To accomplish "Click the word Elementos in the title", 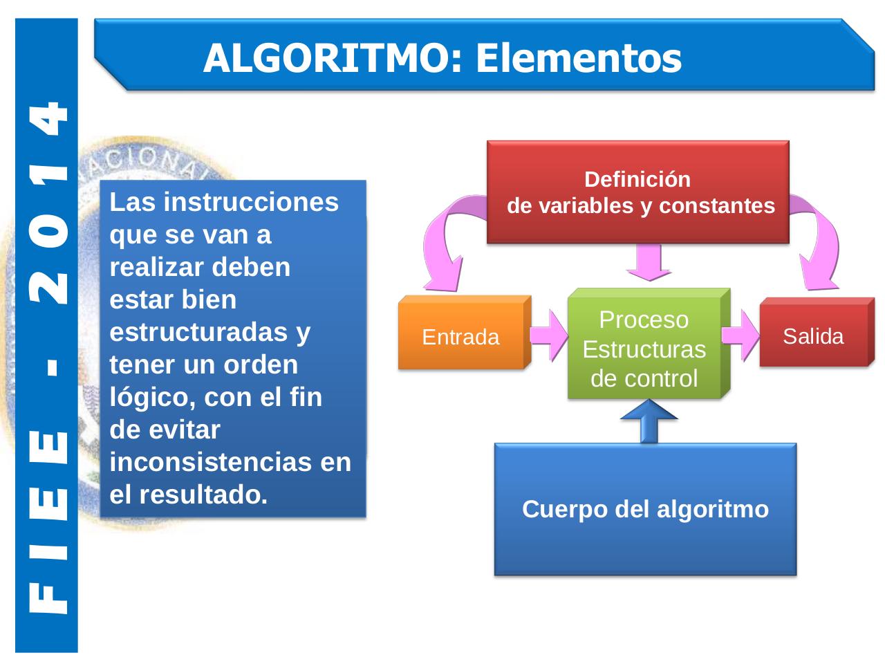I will point(578,58).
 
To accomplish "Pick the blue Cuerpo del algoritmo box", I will point(645,509).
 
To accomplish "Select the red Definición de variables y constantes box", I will point(637,192).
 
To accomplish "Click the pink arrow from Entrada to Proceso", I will point(550,335).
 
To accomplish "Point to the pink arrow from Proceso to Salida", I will point(740,335).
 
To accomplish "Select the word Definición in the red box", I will point(637,179).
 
